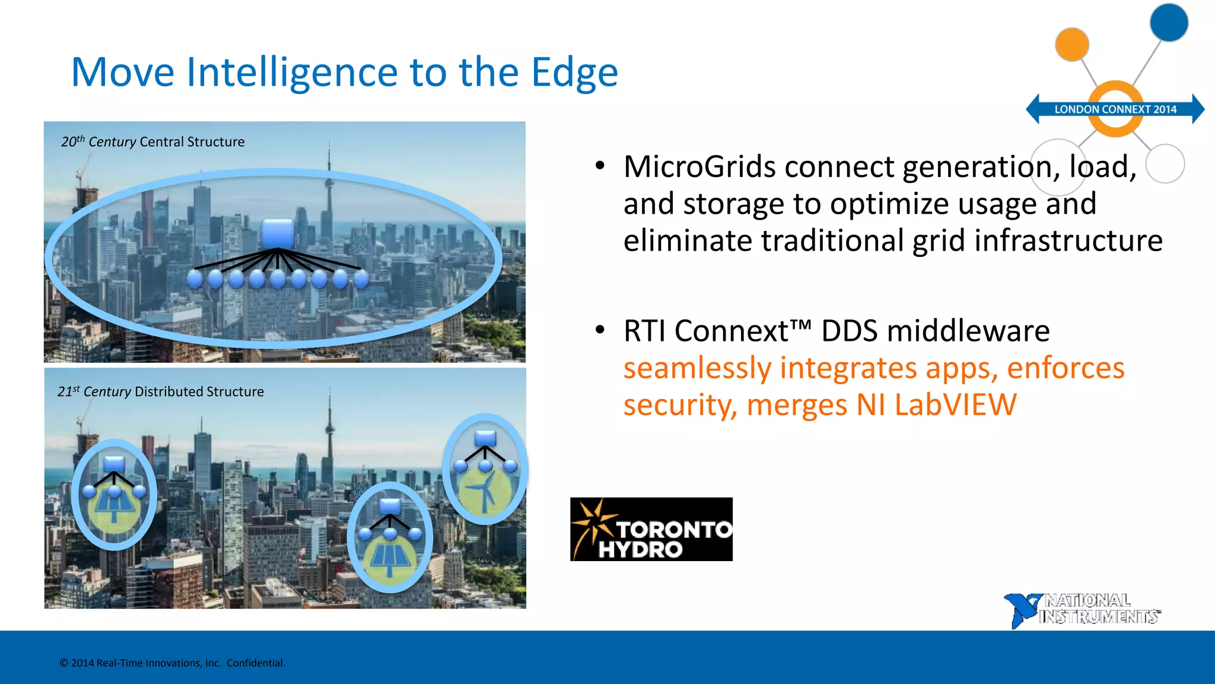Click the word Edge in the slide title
coord(574,72)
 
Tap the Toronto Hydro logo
coord(651,530)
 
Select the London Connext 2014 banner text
coord(1115,109)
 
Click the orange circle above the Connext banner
coord(1071,44)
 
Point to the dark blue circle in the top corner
coord(1168,23)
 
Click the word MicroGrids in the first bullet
coord(699,167)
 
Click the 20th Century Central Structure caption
coord(152,142)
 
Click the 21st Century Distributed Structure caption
coord(160,392)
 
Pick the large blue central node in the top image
coord(278,233)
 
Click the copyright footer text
coord(172,663)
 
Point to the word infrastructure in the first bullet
coord(1068,241)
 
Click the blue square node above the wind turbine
coord(485,438)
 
